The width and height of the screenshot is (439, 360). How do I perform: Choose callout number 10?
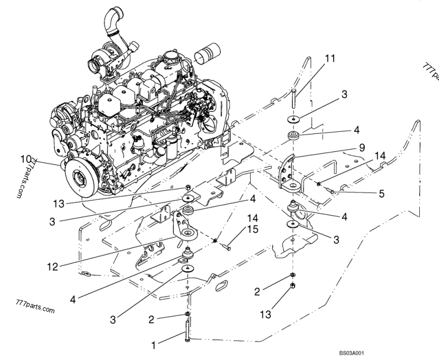[26, 159]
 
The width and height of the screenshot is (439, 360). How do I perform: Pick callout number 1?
[154, 346]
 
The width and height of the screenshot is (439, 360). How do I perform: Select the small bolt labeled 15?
[225, 246]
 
